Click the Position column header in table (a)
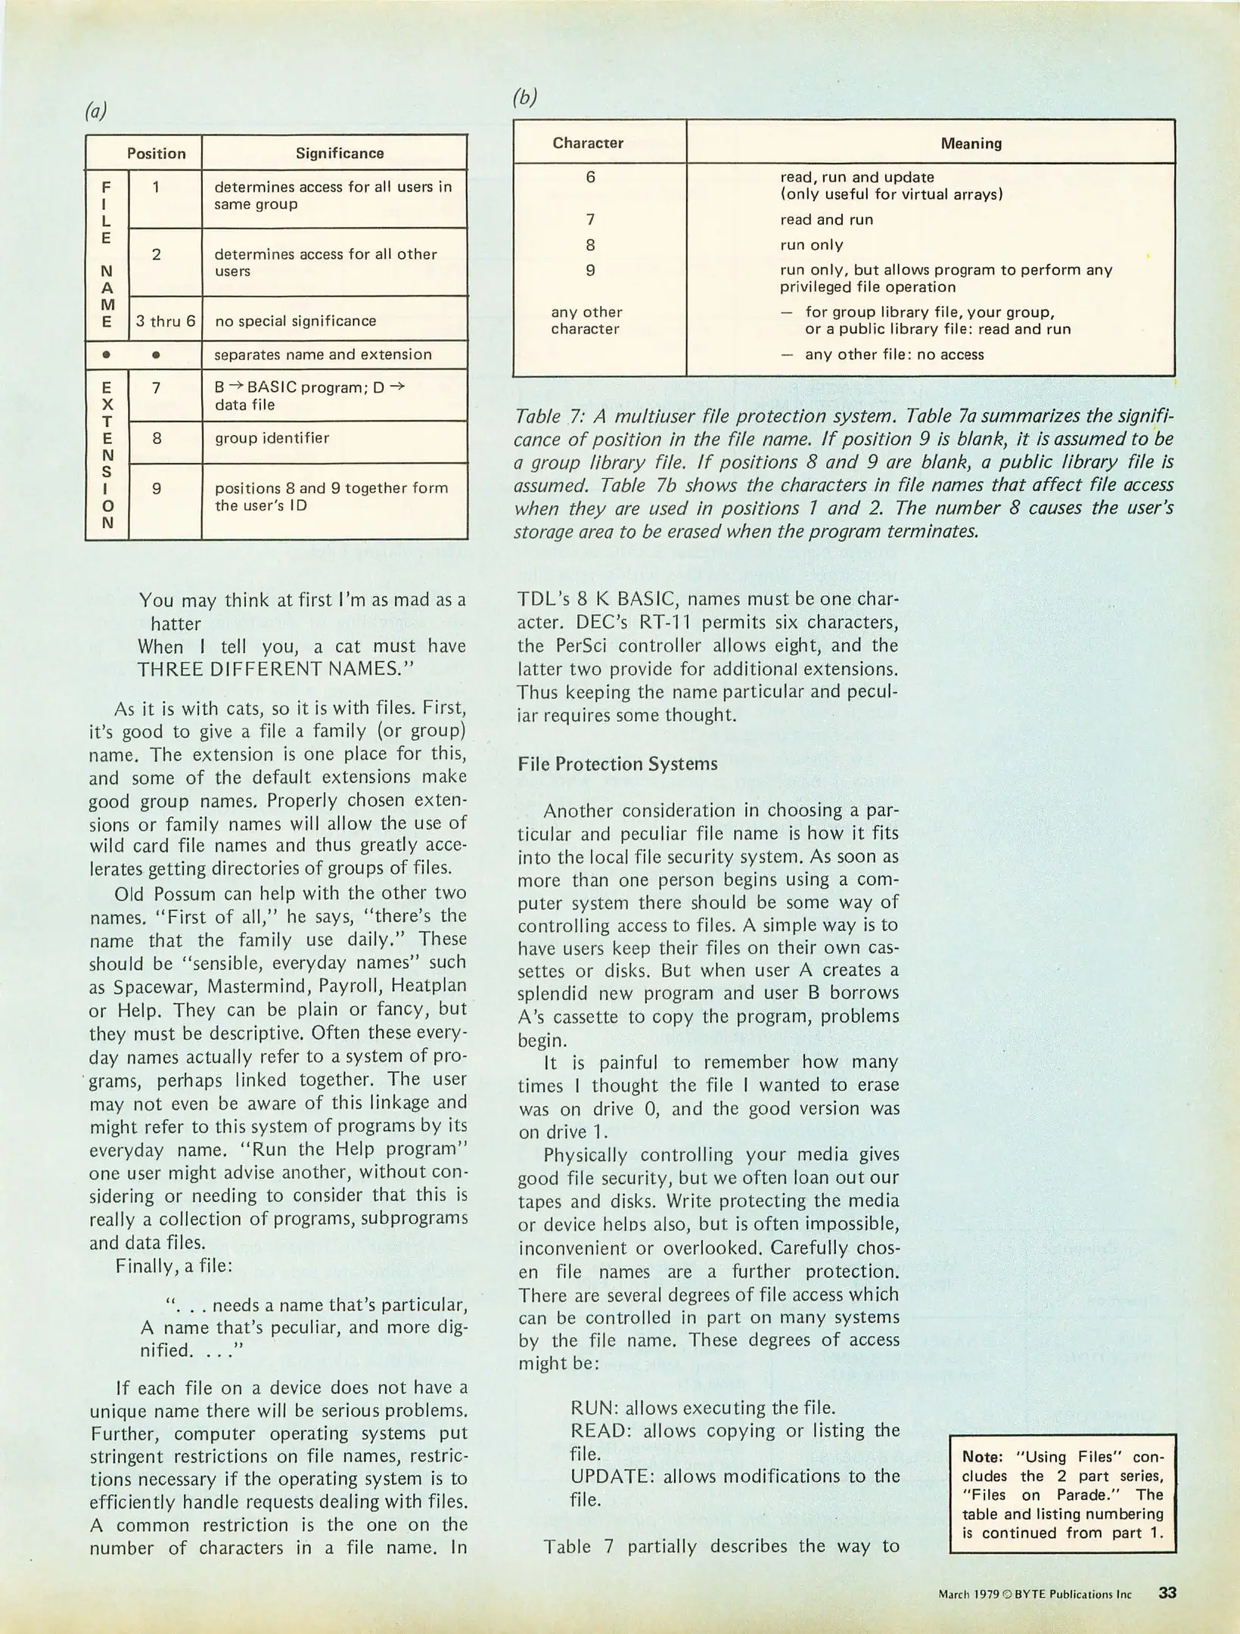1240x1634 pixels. click(x=156, y=153)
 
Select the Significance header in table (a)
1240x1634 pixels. click(x=339, y=153)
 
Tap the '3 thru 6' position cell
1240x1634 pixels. click(x=166, y=321)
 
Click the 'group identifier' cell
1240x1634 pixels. click(x=272, y=438)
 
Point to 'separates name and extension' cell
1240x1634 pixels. click(x=323, y=354)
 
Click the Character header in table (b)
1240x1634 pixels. click(x=588, y=143)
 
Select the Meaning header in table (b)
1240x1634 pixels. click(x=971, y=143)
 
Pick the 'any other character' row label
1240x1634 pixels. click(x=586, y=320)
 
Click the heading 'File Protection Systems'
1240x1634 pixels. click(x=617, y=764)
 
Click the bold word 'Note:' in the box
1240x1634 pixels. click(x=982, y=1456)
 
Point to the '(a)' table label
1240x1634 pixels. click(x=95, y=111)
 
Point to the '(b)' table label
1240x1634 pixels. click(x=524, y=97)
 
